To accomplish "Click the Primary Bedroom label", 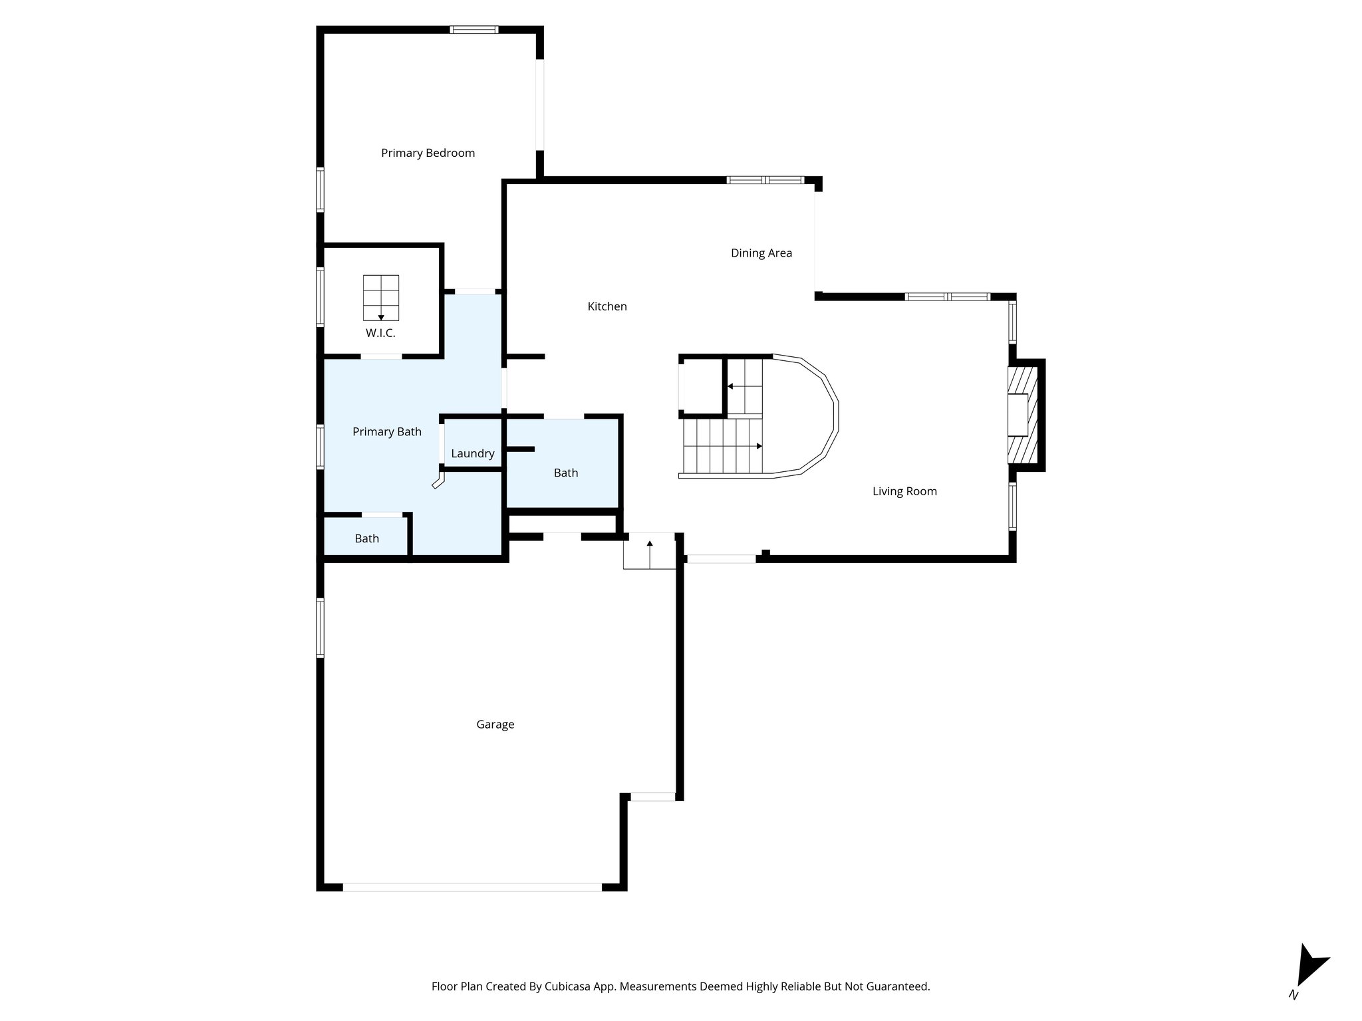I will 428,153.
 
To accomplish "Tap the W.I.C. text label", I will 380,333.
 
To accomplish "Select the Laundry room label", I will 472,453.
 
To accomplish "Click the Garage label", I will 495,725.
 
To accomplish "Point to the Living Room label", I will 904,491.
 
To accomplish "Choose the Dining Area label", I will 761,253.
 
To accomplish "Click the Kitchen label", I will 607,306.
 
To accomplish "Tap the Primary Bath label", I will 386,431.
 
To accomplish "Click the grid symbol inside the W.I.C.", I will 381,297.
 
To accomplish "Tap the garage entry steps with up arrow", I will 649,551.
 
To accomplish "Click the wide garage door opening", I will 472,887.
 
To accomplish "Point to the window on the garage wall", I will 320,627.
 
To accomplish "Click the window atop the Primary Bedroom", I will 474,29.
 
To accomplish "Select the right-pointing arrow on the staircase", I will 759,446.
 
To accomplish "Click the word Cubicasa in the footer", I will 570,986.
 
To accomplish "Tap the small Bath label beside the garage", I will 366,538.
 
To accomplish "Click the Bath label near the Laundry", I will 565,473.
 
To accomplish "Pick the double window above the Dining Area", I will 765,179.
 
